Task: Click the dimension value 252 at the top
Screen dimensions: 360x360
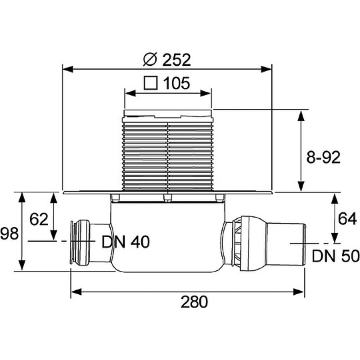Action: click(x=176, y=60)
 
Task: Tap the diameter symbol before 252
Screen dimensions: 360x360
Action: click(x=150, y=59)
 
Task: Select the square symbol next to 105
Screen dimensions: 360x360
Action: click(x=151, y=83)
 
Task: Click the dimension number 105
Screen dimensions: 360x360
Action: click(x=176, y=83)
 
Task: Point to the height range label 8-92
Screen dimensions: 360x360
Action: click(x=323, y=157)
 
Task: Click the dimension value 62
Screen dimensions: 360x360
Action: click(x=39, y=219)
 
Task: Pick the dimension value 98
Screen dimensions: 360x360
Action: click(x=9, y=234)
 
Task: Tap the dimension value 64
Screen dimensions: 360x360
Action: click(x=347, y=219)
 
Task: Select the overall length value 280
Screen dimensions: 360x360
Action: click(x=194, y=301)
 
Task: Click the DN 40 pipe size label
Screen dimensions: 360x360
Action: click(x=126, y=242)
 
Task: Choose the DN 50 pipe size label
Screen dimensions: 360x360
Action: click(x=336, y=256)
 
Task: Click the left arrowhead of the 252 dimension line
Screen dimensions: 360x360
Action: click(x=68, y=69)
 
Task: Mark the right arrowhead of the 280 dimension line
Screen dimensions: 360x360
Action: click(x=299, y=292)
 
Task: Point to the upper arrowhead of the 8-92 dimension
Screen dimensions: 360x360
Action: click(x=301, y=116)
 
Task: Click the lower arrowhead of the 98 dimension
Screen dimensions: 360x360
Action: click(x=22, y=265)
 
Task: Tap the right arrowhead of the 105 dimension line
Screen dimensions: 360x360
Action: click(x=206, y=94)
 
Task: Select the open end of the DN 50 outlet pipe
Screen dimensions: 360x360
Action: click(x=305, y=244)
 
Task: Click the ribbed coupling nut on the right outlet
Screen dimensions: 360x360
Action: click(x=237, y=243)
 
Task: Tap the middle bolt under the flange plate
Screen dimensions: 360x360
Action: click(x=167, y=198)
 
